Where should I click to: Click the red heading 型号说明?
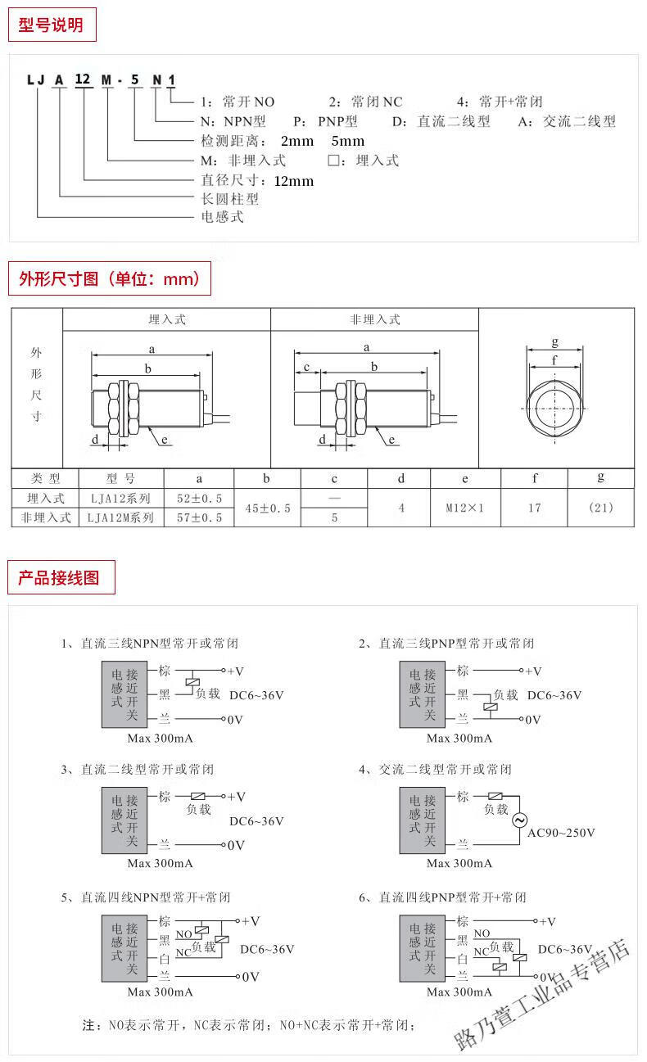(x=51, y=25)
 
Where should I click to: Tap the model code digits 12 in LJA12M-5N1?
(x=83, y=79)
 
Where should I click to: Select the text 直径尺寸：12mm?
(x=257, y=180)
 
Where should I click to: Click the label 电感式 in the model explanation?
(x=222, y=217)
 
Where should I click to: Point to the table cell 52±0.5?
(x=199, y=498)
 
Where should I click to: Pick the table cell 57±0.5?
(x=199, y=517)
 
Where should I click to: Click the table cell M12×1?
(x=464, y=508)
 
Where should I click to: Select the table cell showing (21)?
(x=600, y=508)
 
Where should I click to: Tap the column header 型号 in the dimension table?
(x=120, y=478)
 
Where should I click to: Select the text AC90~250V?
(x=561, y=833)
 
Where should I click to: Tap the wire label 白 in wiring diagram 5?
(x=165, y=957)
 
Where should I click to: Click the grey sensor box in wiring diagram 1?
(x=125, y=694)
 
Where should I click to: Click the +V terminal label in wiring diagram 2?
(x=534, y=671)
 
